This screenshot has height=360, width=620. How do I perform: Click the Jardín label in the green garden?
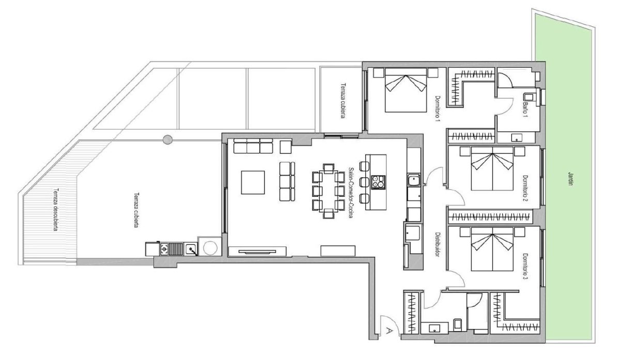click(570, 179)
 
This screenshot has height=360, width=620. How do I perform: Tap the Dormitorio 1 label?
click(437, 109)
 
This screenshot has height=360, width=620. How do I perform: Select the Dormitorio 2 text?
click(525, 189)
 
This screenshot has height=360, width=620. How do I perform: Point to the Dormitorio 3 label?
click(525, 266)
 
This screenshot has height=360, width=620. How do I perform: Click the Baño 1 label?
click(525, 110)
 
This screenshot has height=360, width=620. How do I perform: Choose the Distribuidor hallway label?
click(437, 244)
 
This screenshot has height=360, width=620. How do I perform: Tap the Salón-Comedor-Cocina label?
click(351, 193)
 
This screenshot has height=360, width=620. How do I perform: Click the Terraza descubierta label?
click(56, 210)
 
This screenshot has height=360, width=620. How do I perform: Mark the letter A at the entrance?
click(390, 331)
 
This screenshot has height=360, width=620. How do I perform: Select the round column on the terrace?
click(167, 139)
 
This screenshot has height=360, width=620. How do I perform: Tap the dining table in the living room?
click(329, 191)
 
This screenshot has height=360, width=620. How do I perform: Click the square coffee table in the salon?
click(253, 182)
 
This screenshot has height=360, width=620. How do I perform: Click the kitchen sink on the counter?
click(414, 180)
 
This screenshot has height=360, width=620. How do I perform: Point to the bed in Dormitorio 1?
click(406, 90)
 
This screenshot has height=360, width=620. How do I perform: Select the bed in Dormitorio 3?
click(492, 249)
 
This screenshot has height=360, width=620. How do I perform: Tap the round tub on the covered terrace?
click(210, 248)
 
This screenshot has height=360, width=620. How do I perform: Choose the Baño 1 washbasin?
click(517, 137)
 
